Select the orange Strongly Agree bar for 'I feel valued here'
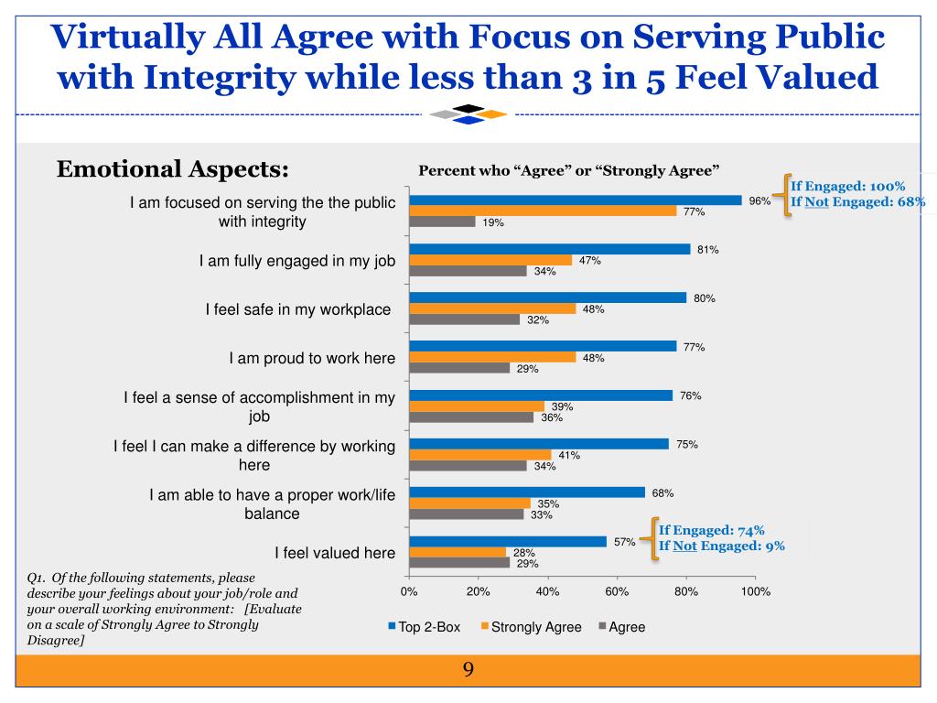point(458,552)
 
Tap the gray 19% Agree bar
point(442,222)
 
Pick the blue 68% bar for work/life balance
point(527,492)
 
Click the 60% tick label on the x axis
point(617,592)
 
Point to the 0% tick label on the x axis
point(409,592)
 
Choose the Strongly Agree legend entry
point(531,627)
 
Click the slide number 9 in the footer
point(468,670)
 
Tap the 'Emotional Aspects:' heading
point(173,169)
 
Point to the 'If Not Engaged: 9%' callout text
point(722,546)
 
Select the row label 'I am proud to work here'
point(312,358)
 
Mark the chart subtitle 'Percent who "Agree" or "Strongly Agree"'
point(569,170)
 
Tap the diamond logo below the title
point(468,114)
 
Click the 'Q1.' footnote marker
point(38,578)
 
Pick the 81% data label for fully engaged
point(707,249)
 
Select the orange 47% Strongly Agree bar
point(490,260)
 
